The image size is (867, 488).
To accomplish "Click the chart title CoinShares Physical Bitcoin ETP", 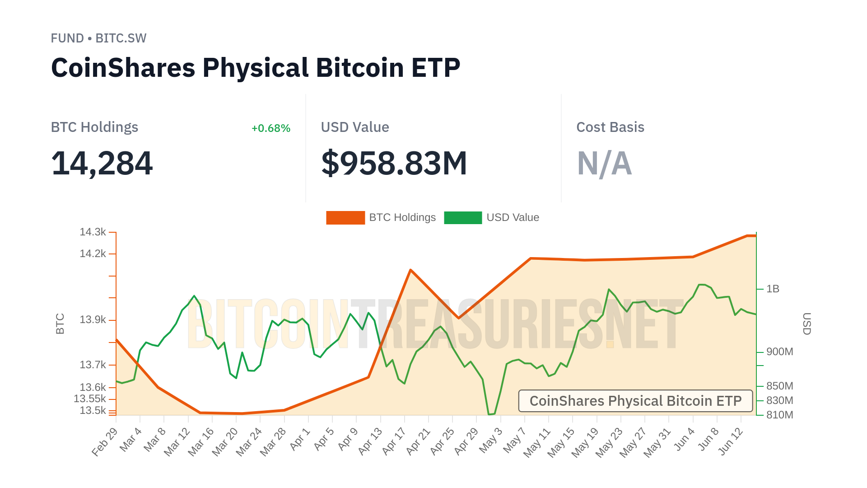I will (x=256, y=68).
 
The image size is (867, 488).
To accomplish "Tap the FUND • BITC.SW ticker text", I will (x=98, y=38).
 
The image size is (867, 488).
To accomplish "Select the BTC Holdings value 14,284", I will (x=102, y=163).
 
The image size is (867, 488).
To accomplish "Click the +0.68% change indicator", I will (x=270, y=128).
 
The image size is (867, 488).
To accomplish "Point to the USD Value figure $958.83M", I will (x=394, y=163).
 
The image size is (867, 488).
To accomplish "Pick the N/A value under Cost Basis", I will (x=604, y=163).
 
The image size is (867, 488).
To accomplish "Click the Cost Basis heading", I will (x=610, y=127).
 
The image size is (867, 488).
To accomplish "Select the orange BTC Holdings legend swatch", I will (x=345, y=218).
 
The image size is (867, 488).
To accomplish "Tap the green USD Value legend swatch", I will (x=463, y=218).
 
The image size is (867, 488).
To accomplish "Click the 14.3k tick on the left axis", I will (x=93, y=232).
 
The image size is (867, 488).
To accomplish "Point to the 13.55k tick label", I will (x=90, y=399).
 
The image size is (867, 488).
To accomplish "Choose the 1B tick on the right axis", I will (x=773, y=289).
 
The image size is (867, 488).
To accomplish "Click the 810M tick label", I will (x=779, y=415).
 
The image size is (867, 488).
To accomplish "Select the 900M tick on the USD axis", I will (x=779, y=352).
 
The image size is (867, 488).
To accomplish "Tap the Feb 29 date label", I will (x=105, y=441).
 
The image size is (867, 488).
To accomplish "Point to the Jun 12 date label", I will (x=730, y=441).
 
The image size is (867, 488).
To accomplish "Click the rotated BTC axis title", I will (x=60, y=324).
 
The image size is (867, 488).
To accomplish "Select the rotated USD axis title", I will (x=806, y=324).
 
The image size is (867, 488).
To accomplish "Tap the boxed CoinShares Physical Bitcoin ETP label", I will (x=635, y=401).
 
